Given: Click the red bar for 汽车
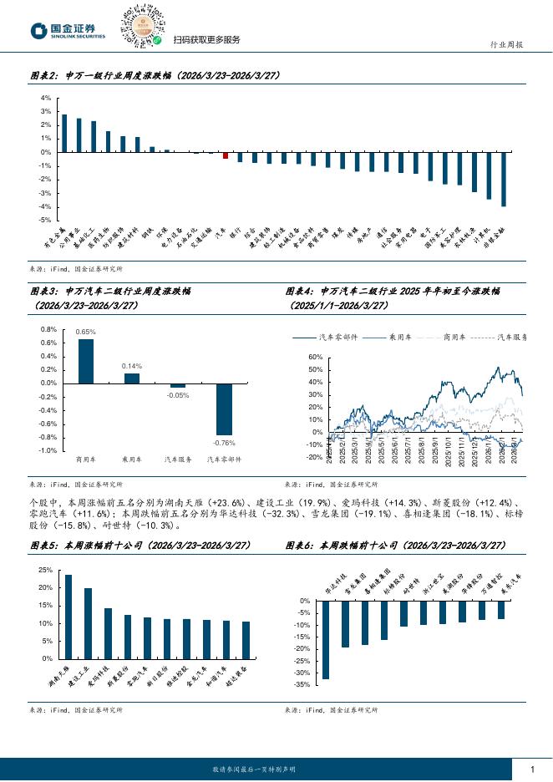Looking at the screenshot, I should tap(226, 155).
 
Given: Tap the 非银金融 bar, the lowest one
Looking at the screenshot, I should tap(504, 179).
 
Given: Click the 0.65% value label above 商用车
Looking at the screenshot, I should tap(85, 332).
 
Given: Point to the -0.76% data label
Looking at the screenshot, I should tap(224, 442).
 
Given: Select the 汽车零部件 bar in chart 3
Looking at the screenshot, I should tap(224, 409).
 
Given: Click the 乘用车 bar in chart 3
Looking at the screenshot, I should tap(132, 378).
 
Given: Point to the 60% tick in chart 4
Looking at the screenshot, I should tap(315, 358).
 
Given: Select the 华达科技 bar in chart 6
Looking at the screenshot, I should tap(326, 640).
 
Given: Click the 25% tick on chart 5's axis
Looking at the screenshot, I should tap(45, 570).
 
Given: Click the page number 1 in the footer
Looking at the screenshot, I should tap(532, 769).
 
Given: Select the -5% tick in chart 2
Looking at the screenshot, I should tap(45, 220).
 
